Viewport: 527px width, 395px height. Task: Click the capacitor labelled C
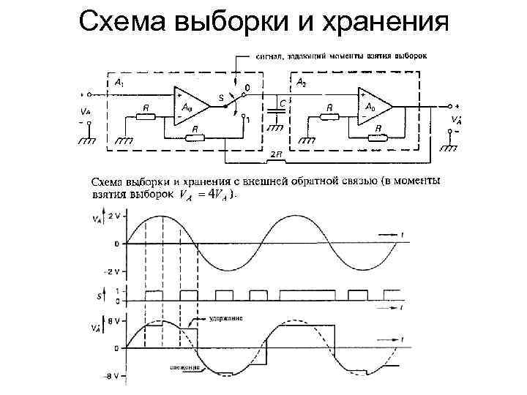pos(275,107)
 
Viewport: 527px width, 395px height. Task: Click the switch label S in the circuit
pos(220,97)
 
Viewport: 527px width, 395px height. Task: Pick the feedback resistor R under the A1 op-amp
pos(195,136)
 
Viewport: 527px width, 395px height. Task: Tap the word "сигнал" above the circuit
pos(269,55)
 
